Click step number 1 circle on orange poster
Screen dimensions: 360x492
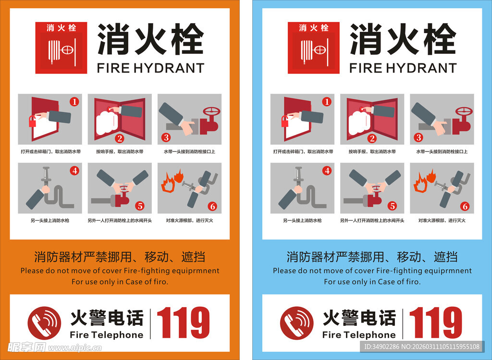(x=74, y=101)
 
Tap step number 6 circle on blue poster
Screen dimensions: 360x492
(x=465, y=207)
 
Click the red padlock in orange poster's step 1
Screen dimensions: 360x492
(x=32, y=121)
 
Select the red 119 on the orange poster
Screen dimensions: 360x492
(x=183, y=323)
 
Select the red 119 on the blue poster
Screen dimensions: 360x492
(x=435, y=323)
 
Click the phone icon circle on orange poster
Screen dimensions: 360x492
(x=44, y=323)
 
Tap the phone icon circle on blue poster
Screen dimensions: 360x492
(x=296, y=323)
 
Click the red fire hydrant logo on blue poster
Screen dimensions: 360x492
(x=313, y=48)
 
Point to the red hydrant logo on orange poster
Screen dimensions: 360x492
(x=61, y=48)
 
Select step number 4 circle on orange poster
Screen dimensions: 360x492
(x=74, y=170)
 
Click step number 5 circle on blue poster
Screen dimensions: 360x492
(x=392, y=206)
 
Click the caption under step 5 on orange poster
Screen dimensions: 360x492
(x=120, y=221)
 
